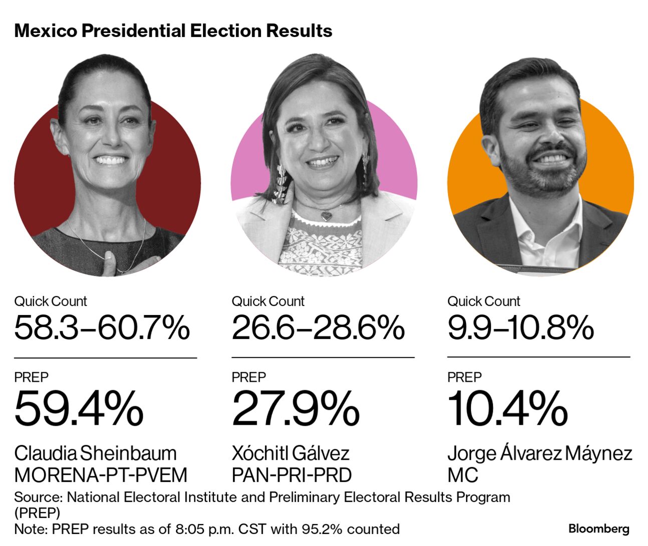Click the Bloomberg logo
point(598,528)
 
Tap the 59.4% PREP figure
point(79,409)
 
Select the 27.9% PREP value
point(295,409)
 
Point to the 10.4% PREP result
point(507,409)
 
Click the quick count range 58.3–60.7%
point(102,328)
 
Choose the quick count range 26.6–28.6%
point(318,328)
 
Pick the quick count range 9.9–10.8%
point(520,328)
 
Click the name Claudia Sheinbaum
point(95,453)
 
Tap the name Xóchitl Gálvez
point(290,453)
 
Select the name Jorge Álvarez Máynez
point(539,453)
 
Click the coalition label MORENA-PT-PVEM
point(101,475)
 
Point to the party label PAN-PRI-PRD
point(291,475)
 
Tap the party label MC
point(463,475)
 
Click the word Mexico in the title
point(46,31)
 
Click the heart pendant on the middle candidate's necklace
point(326,215)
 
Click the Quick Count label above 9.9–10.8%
point(484,301)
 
